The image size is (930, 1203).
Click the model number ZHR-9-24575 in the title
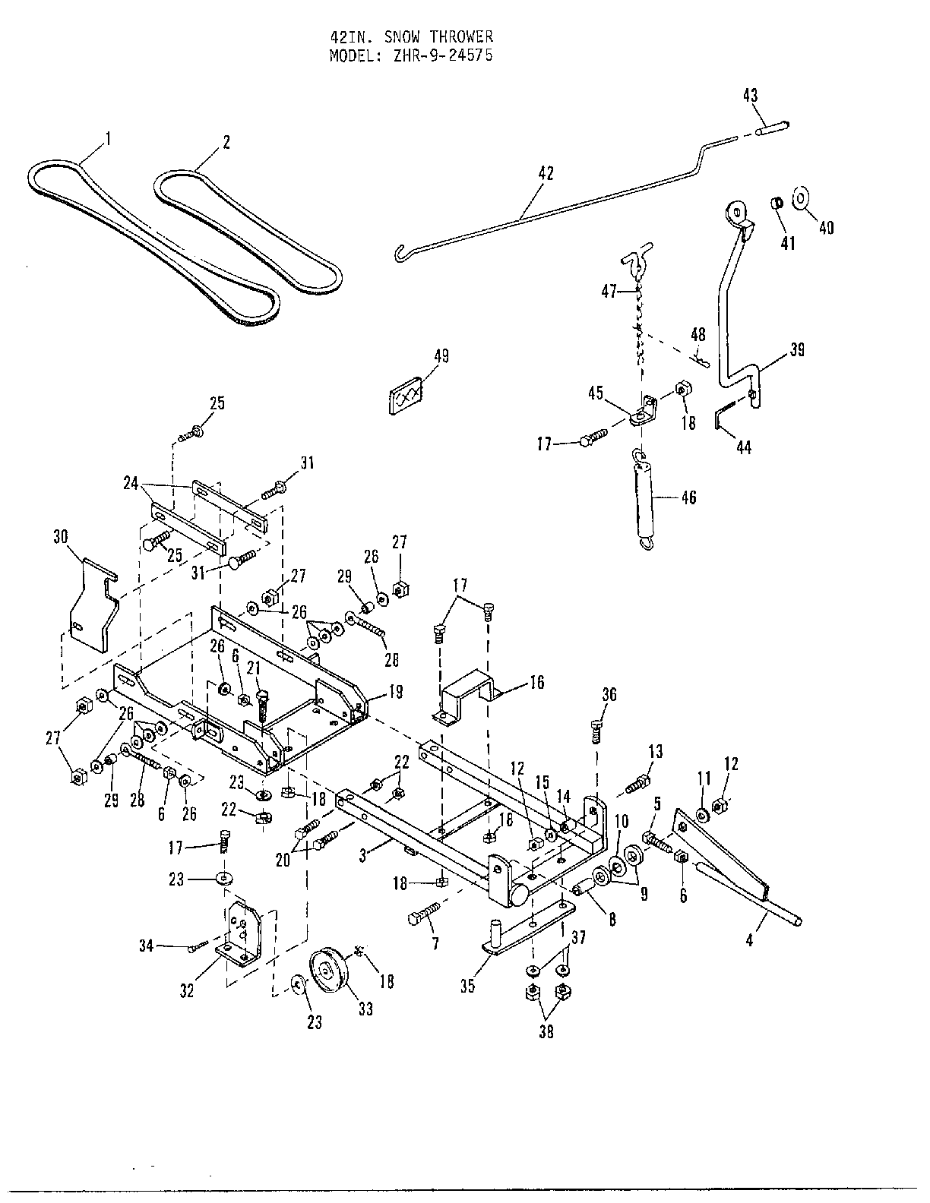[x=449, y=55]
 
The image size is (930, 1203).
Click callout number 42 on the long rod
[x=546, y=173]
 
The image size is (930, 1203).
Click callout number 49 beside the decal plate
[x=441, y=355]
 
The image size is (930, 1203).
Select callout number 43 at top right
[x=750, y=96]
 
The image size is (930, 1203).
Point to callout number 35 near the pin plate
[x=467, y=986]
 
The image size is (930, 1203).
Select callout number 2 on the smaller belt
[x=225, y=142]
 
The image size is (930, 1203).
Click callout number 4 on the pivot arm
[x=749, y=941]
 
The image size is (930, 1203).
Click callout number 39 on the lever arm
[x=797, y=349]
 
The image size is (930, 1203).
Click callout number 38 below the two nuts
[x=546, y=1032]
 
